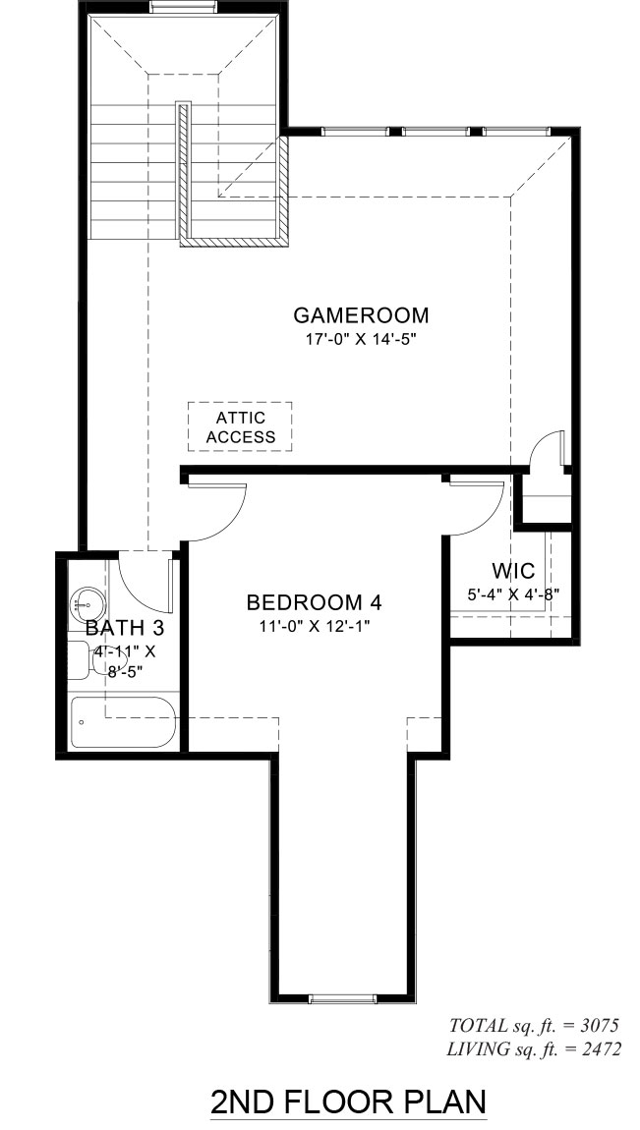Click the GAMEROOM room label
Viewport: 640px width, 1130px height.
(x=361, y=315)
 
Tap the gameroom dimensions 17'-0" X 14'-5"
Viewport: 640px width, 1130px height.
(x=361, y=339)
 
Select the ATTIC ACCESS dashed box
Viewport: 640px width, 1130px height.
(x=240, y=426)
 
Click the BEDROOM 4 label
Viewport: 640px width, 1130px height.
(x=314, y=601)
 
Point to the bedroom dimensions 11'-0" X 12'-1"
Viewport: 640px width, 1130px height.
(x=315, y=626)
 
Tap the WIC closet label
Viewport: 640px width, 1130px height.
(x=514, y=572)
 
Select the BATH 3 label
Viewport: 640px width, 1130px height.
(x=125, y=628)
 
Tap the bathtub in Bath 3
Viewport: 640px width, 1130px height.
(x=123, y=722)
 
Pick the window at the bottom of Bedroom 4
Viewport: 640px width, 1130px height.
(x=342, y=998)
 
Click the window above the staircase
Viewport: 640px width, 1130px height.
(x=183, y=7)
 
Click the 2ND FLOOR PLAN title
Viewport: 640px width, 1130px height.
(x=348, y=1102)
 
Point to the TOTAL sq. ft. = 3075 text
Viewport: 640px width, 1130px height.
(x=534, y=1026)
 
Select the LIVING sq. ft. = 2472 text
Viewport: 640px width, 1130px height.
(x=533, y=1049)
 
